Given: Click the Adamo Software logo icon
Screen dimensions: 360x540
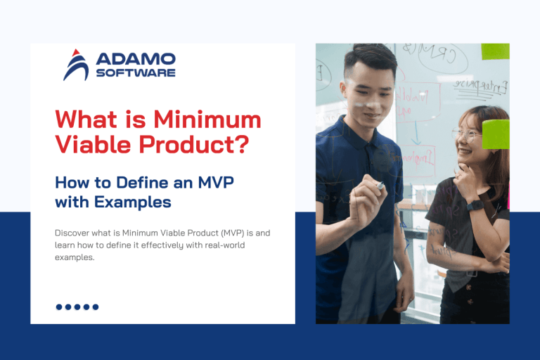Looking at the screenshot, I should (75, 65).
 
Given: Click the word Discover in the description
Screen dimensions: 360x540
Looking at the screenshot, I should (73, 233).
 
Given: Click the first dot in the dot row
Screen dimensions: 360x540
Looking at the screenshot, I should (59, 307).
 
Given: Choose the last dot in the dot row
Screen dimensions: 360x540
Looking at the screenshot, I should (96, 307).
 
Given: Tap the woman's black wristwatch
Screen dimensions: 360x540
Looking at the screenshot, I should (476, 205).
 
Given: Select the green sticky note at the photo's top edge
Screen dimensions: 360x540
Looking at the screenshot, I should (495, 51).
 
